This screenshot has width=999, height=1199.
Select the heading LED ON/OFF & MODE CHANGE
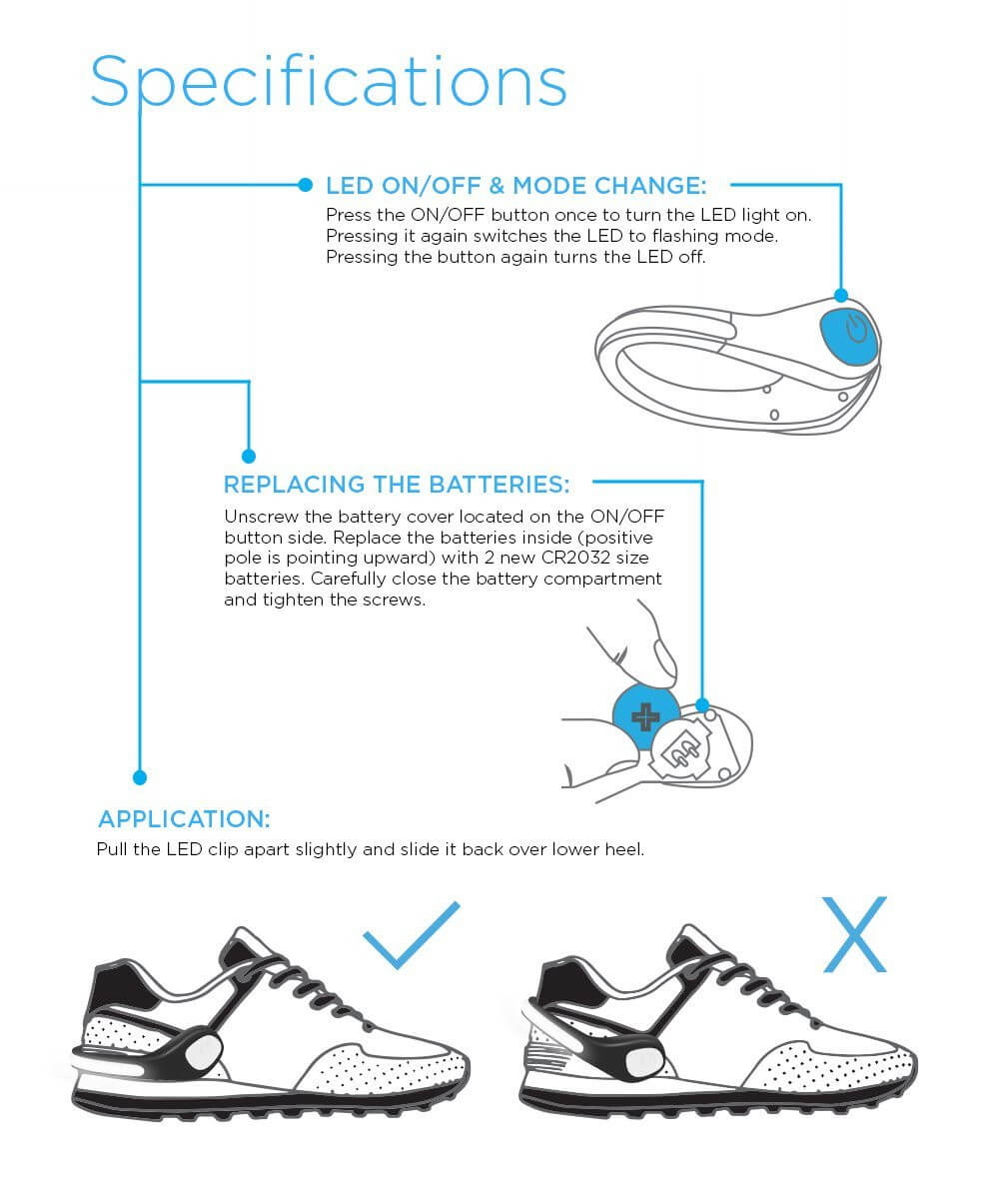(515, 186)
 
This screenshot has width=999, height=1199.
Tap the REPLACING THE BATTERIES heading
(397, 485)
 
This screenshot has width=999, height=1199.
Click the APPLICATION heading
(184, 819)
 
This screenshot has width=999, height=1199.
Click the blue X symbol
(854, 935)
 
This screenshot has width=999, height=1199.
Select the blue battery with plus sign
(644, 714)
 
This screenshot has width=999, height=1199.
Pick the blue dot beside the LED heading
(306, 185)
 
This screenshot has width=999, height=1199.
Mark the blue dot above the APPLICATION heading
(140, 776)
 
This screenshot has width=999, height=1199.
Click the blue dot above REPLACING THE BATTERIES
(249, 456)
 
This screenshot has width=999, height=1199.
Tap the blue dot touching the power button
(841, 295)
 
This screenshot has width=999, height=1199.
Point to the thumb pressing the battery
(649, 654)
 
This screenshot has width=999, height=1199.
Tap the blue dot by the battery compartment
(701, 704)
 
